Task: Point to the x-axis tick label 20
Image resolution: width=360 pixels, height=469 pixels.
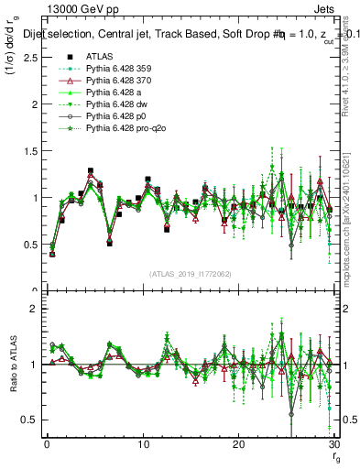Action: click(238, 444)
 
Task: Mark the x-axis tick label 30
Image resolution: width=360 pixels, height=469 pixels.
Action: click(333, 444)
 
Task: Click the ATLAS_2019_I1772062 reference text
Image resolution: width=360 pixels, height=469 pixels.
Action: click(191, 274)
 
